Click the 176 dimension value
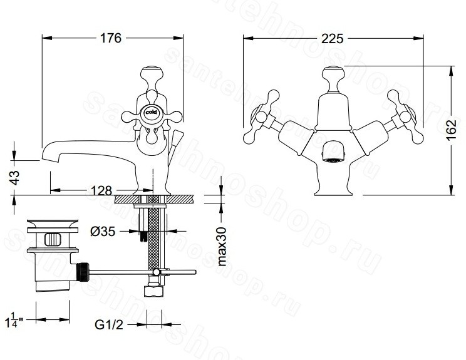tap(111, 38)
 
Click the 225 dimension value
tap(332, 39)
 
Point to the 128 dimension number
tap(101, 190)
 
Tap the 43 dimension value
tap(15, 178)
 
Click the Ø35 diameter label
tap(103, 232)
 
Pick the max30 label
tap(221, 246)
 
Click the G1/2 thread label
tap(109, 325)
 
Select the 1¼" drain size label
tap(14, 320)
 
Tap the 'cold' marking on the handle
tap(152, 113)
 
